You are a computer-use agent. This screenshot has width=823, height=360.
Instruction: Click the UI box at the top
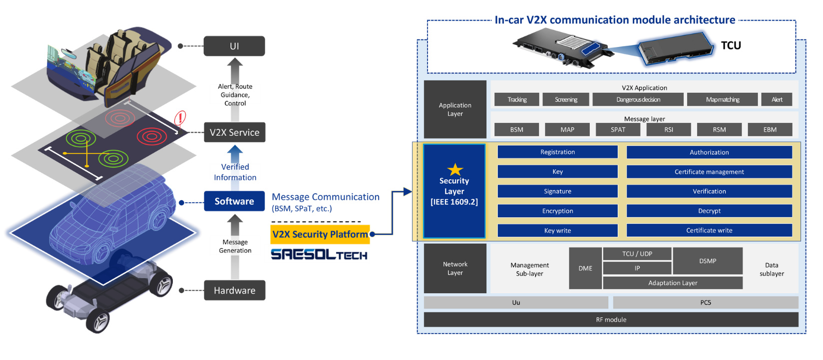234,46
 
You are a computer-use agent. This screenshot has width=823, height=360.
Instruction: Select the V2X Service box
234,132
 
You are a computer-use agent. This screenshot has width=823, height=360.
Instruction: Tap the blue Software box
234,201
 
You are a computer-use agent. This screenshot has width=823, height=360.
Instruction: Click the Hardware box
234,290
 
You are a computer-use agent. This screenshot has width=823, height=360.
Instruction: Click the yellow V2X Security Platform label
320,234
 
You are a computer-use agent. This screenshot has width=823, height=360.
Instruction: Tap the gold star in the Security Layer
455,170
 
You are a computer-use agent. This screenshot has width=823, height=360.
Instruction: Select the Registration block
557,152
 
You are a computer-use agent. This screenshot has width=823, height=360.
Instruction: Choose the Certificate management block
709,172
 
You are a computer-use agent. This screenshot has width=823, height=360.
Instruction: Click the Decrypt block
709,211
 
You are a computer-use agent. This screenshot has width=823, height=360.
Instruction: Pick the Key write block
557,230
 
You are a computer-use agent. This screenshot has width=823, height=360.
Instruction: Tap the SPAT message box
618,129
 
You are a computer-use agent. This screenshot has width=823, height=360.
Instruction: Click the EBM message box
770,129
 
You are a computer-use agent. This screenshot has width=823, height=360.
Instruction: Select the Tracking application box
517,99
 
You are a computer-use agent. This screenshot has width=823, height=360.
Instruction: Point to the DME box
585,268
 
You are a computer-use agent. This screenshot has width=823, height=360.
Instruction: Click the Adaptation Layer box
673,283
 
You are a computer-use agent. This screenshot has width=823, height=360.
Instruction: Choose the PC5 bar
705,302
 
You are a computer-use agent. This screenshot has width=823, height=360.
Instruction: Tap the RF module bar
611,320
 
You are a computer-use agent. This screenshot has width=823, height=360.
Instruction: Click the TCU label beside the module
731,45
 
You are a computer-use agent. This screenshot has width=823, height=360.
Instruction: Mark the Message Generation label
235,246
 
